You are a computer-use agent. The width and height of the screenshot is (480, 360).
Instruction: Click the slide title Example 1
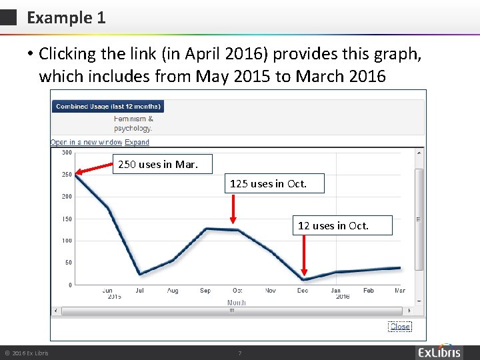pos(66,18)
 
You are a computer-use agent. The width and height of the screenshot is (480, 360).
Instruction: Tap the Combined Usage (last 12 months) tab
pos(108,107)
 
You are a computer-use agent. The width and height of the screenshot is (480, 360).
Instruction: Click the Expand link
pos(137,142)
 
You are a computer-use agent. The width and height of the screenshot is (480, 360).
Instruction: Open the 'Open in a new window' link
pos(86,142)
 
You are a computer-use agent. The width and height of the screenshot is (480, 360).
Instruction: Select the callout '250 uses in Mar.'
pos(157,163)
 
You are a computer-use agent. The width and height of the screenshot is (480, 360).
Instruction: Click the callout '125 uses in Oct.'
pos(268,183)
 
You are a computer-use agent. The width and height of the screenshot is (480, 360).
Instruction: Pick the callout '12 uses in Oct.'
pos(333,225)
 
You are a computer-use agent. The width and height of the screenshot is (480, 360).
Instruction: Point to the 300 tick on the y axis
pos(67,153)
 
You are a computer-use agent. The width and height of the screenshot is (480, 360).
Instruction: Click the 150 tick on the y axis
pos(67,219)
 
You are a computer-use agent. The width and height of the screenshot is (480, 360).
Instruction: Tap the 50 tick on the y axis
pos(68,263)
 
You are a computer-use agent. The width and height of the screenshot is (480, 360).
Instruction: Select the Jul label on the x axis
pos(139,291)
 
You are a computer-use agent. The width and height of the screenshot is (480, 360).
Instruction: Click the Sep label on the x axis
pos(205,291)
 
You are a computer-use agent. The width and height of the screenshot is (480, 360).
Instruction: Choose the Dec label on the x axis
pos(303,291)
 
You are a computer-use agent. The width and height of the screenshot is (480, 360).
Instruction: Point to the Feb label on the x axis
pos(368,291)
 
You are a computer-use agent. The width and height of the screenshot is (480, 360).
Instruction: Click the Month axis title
pos(237,302)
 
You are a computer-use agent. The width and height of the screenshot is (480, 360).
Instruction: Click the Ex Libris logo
pos(439,353)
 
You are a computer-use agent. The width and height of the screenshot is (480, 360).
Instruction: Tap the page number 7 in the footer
pos(239,353)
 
